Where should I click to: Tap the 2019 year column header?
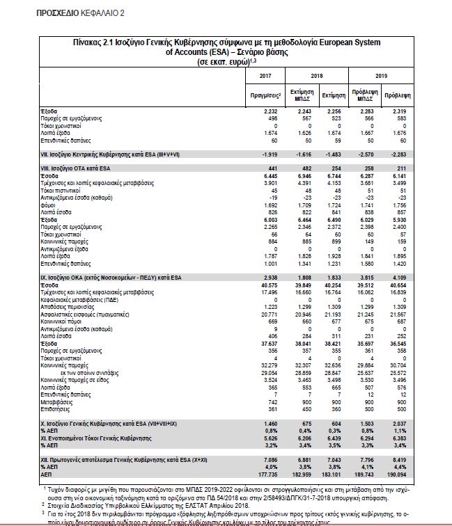tap(382, 76)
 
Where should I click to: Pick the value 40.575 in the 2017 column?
tap(267, 283)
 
